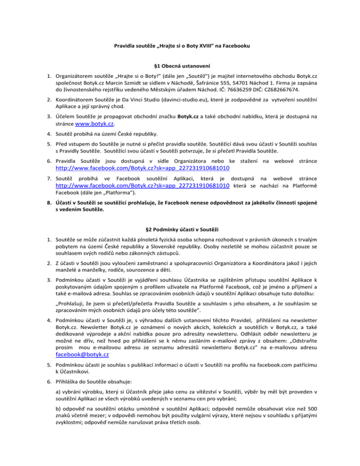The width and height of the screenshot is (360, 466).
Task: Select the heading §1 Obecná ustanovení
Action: click(x=180, y=66)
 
